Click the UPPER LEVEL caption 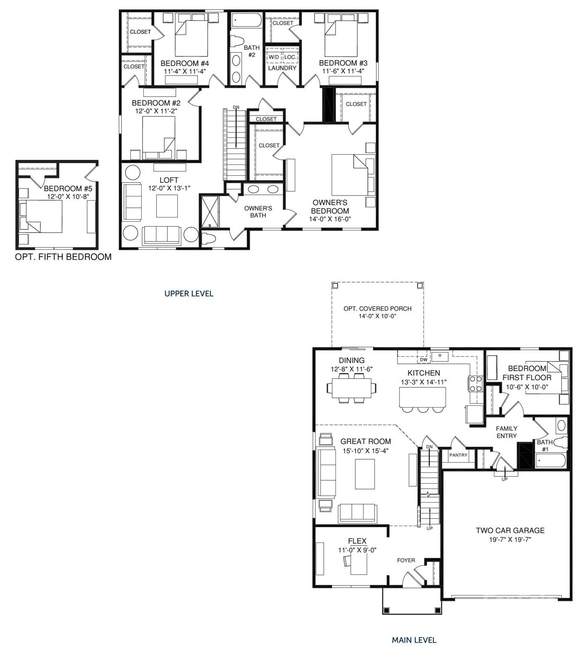[x=189, y=294]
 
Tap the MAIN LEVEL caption [x=414, y=640]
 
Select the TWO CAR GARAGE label [x=510, y=531]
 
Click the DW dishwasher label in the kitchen [x=423, y=360]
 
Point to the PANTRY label [x=458, y=455]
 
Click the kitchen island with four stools [x=422, y=397]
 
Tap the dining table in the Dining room [x=352, y=387]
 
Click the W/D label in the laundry [x=273, y=57]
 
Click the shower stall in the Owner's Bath [x=209, y=212]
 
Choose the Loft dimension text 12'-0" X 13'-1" [x=169, y=188]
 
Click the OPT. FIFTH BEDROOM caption [x=63, y=257]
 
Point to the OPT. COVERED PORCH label [x=377, y=308]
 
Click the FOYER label [x=406, y=560]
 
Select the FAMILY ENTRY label [x=506, y=432]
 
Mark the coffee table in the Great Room [x=365, y=474]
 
